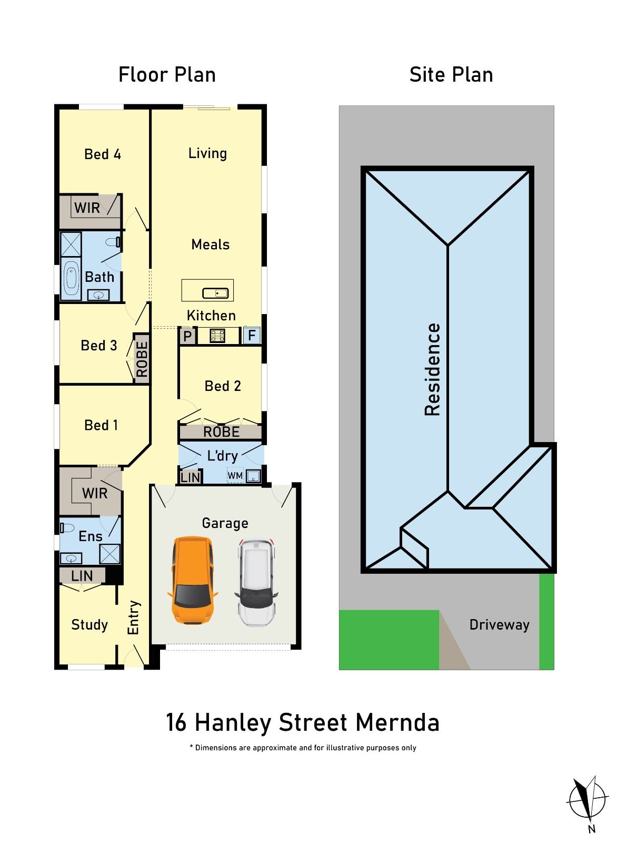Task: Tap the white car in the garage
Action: click(x=256, y=582)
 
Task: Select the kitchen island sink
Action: click(x=215, y=293)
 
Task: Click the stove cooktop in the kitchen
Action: click(x=217, y=335)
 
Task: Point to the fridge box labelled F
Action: click(x=252, y=335)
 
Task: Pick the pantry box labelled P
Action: click(x=187, y=336)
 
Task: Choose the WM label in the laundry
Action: click(x=235, y=476)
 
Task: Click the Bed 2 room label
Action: click(x=223, y=386)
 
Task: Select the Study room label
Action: click(x=89, y=625)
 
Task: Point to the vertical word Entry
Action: click(x=134, y=617)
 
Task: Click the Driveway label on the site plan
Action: click(x=499, y=625)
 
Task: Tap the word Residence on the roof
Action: click(x=432, y=369)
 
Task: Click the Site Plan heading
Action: click(x=451, y=74)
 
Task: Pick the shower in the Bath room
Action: click(x=71, y=244)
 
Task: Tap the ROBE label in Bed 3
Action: click(x=142, y=359)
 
